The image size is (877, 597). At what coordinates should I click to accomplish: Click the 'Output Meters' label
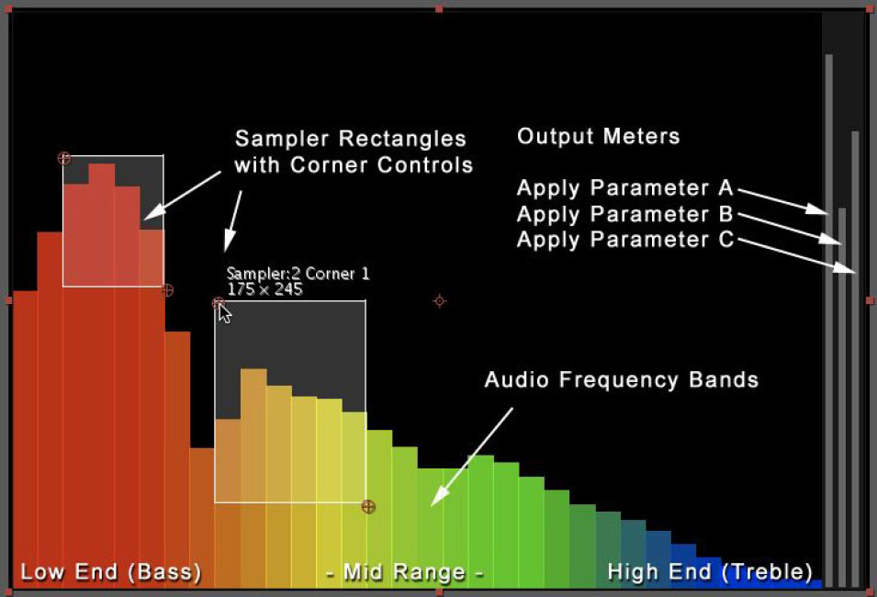[598, 136]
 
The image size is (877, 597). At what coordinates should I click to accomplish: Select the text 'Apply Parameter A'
[624, 188]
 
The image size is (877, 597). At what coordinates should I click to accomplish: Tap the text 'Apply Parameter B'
[624, 214]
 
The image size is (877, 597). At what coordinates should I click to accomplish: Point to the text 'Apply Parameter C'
[624, 240]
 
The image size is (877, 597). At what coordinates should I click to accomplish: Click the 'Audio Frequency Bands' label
[622, 379]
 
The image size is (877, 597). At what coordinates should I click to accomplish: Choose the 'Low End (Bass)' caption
[111, 572]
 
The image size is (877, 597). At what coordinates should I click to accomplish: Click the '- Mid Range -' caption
[404, 572]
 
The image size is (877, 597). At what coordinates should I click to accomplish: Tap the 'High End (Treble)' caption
[710, 572]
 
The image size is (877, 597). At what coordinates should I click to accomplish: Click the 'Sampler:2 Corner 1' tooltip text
[298, 274]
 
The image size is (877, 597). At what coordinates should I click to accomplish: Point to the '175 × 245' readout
[264, 289]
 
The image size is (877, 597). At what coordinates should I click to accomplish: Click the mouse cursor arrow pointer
[224, 313]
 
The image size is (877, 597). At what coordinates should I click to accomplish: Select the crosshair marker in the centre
[440, 301]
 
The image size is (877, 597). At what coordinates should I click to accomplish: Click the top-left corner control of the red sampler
[64, 158]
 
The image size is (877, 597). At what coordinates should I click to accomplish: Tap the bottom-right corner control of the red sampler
[166, 290]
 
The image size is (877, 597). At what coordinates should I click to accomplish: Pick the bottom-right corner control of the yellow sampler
[368, 507]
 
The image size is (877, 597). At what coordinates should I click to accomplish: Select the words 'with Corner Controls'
[354, 165]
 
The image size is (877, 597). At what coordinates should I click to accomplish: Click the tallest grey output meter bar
[829, 320]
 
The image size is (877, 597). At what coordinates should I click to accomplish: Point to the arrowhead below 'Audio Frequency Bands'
[439, 497]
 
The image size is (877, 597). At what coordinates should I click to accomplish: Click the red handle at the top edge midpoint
[439, 9]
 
